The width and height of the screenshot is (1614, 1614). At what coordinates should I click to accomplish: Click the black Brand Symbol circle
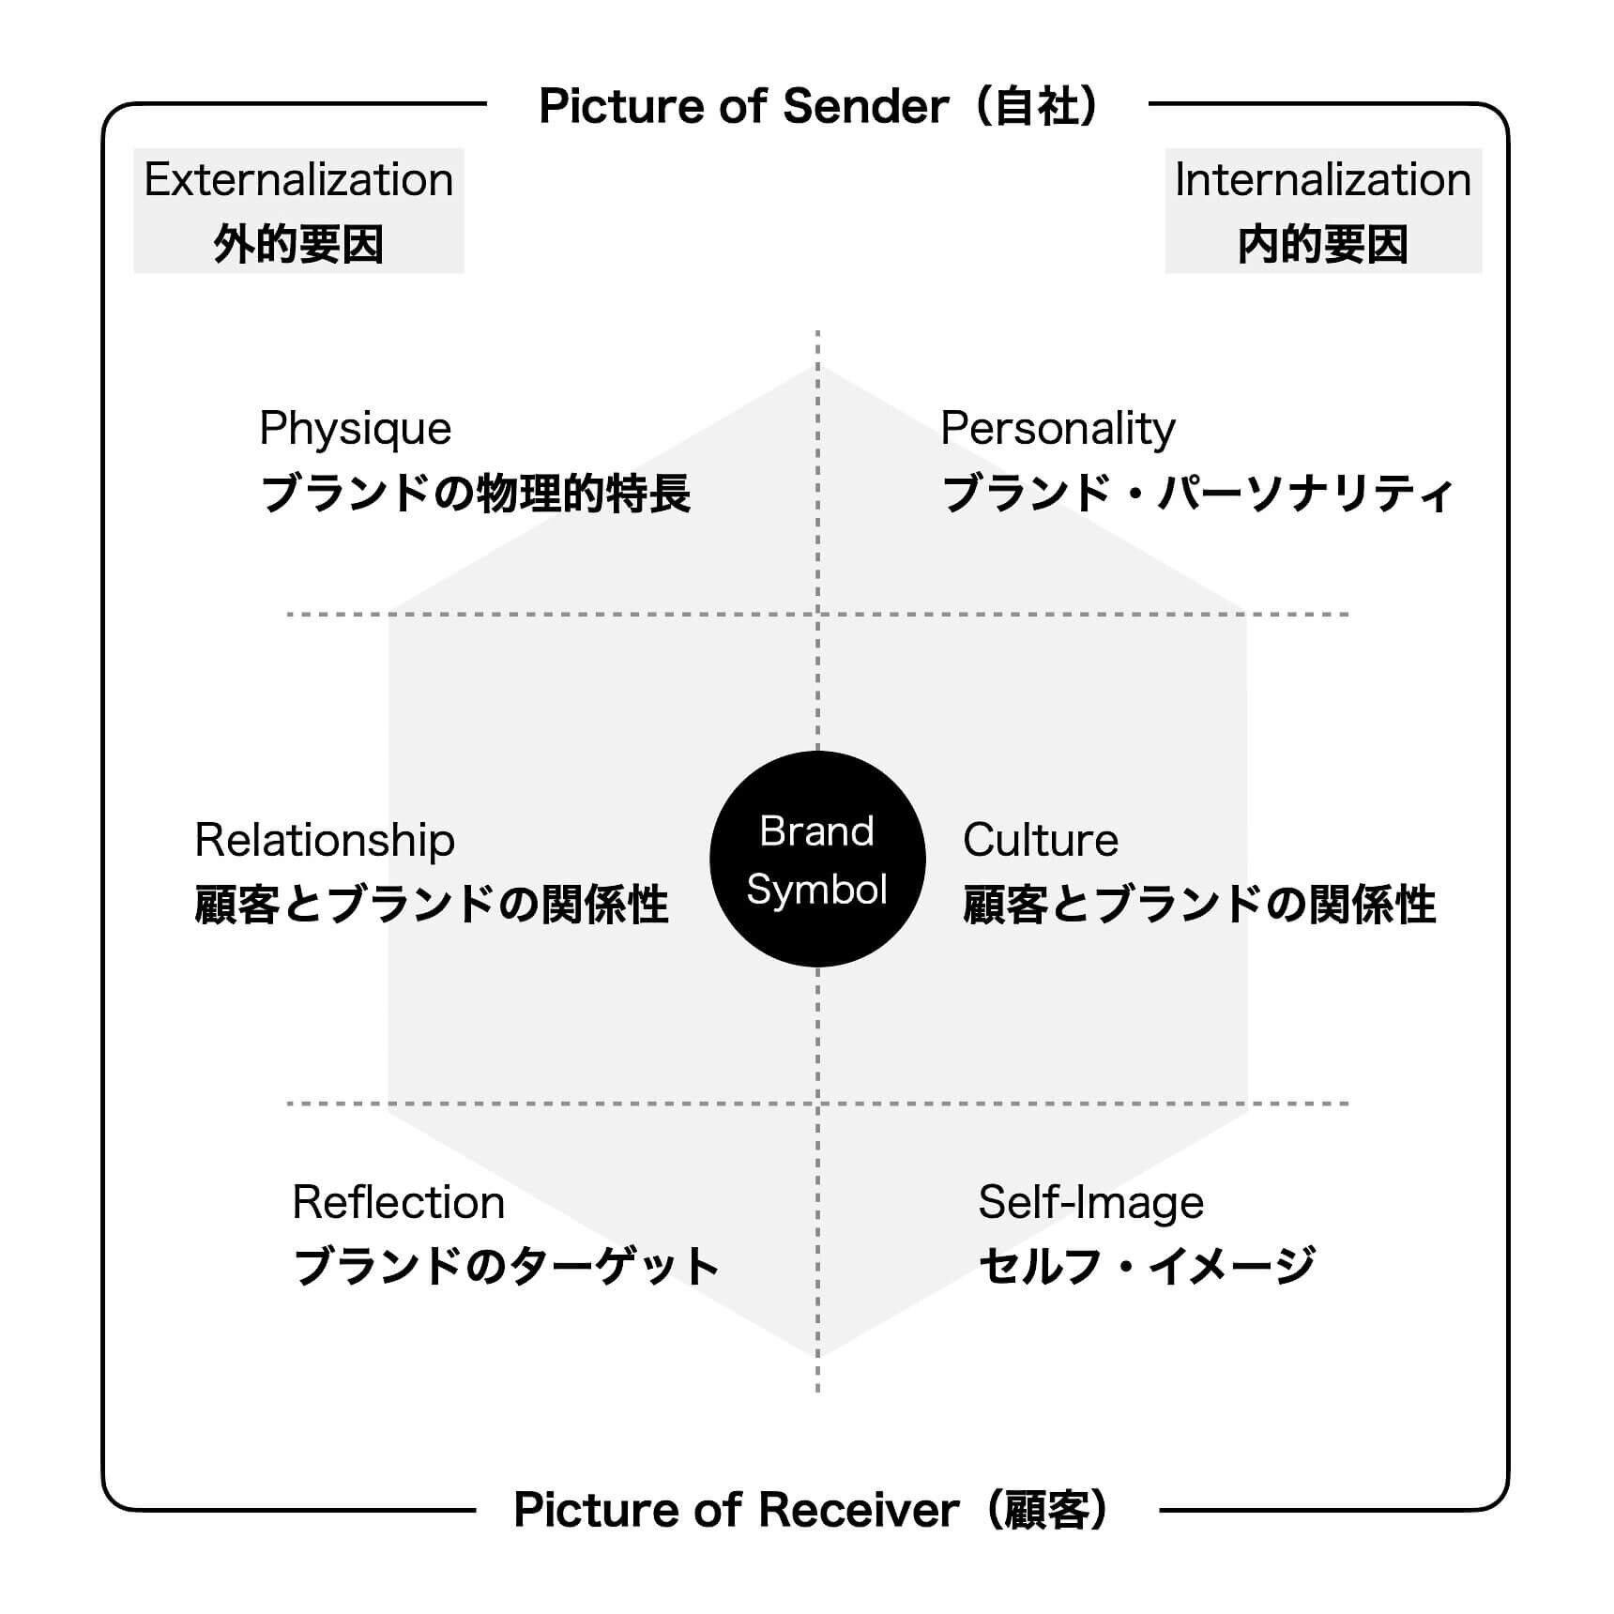pos(817,859)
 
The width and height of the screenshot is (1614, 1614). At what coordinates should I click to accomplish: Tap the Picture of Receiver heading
pos(813,1510)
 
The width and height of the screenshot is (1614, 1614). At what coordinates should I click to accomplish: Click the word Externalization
pos(298,179)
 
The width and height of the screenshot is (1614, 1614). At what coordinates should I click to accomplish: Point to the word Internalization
pos(1323,179)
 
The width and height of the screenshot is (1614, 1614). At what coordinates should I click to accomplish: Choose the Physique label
pos(356,430)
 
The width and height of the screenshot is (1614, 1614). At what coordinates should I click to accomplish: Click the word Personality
pos(1058,430)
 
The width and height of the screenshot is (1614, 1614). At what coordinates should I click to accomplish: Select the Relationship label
pos(325,841)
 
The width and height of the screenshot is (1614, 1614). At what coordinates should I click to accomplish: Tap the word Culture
pos(1041,840)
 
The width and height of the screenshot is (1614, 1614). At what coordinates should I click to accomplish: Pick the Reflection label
pos(399,1202)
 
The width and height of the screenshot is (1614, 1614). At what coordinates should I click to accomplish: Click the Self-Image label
pos(1091,1204)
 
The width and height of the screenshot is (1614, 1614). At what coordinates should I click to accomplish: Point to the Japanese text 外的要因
pos(298,245)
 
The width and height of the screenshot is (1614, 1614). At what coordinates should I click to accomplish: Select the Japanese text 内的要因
pos(1323,245)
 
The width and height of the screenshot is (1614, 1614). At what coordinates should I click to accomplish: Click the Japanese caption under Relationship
pos(432,905)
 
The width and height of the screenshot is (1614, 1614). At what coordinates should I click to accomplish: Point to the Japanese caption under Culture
pos(1199,905)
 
